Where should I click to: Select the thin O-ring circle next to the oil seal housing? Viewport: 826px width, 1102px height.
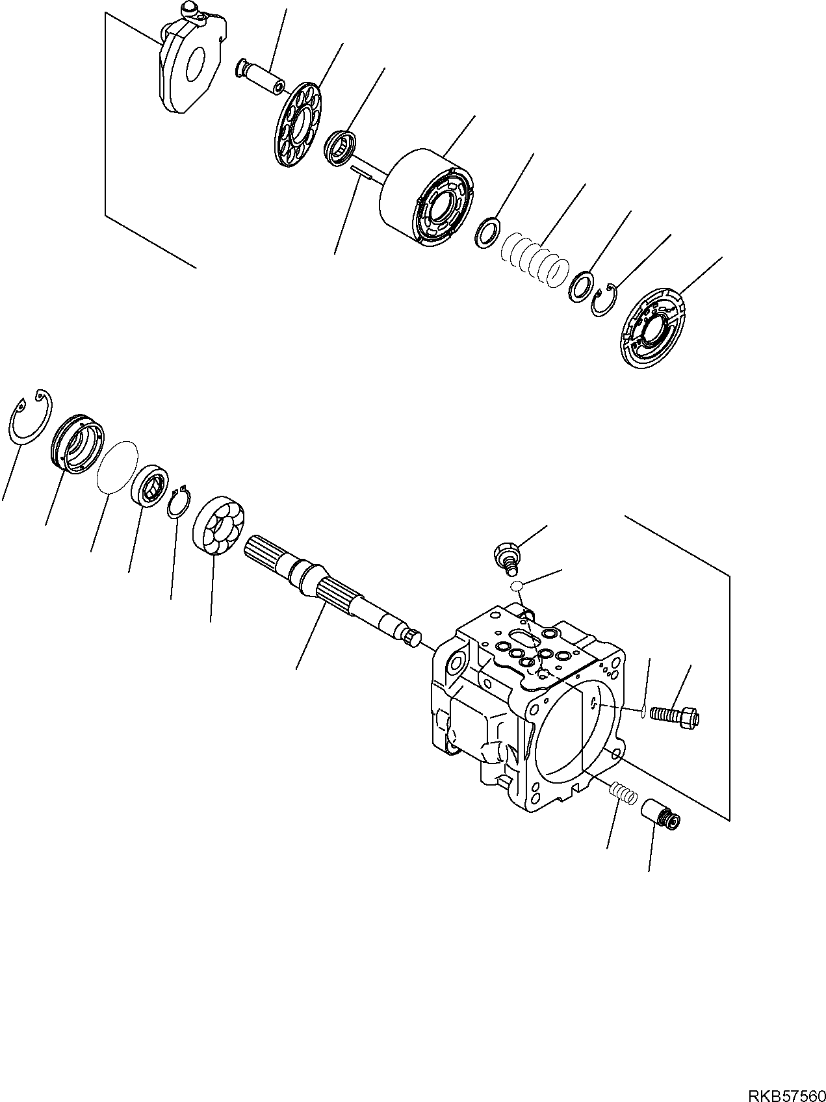[x=117, y=467]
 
